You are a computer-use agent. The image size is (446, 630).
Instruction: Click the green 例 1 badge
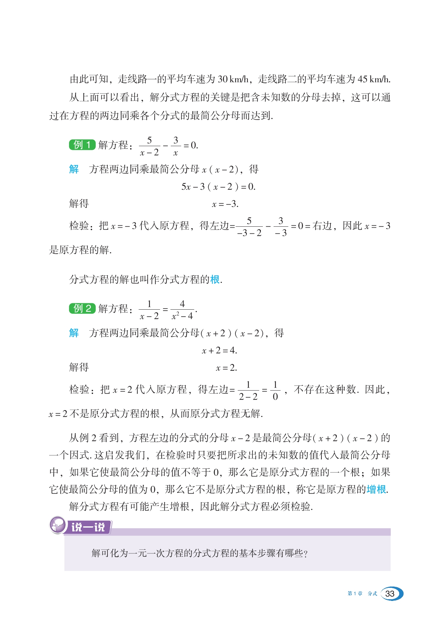(82, 145)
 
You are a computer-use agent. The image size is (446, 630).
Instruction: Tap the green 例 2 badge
(82, 308)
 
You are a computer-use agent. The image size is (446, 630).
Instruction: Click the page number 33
(390, 594)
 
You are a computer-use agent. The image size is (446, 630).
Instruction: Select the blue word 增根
(376, 490)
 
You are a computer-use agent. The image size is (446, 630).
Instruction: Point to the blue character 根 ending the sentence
(215, 280)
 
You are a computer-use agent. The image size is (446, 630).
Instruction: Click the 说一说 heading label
(88, 527)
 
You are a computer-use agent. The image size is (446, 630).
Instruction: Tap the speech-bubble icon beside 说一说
(57, 525)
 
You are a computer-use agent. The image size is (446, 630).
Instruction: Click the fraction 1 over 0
(275, 390)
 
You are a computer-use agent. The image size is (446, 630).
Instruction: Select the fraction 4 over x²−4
(182, 310)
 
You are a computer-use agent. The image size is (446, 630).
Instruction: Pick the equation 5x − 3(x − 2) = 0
(218, 187)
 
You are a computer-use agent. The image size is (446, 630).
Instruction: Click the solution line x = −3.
(225, 204)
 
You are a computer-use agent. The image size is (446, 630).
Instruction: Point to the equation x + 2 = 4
(219, 350)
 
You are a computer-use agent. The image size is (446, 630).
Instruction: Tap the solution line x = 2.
(226, 368)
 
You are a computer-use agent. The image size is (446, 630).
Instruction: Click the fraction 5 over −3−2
(249, 227)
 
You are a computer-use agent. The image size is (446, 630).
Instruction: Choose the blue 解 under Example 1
(74, 169)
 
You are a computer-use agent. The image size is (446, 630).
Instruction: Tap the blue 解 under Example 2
(74, 333)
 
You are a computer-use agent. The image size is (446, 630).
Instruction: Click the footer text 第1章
(355, 594)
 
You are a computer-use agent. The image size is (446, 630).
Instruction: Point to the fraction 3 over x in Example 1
(175, 146)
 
